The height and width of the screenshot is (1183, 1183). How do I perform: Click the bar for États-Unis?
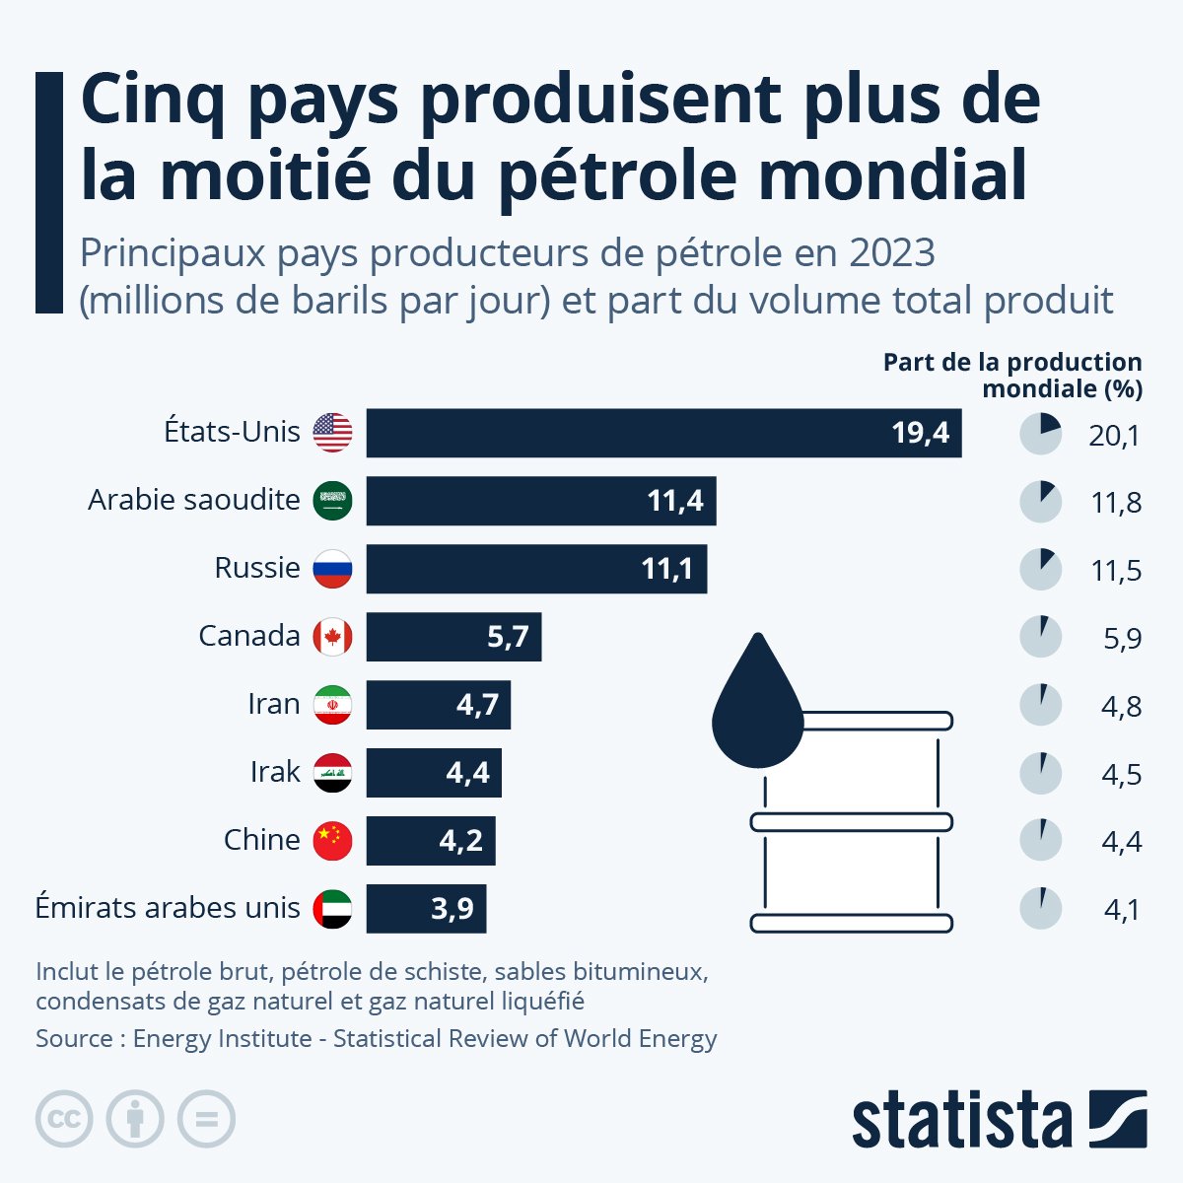click(x=663, y=433)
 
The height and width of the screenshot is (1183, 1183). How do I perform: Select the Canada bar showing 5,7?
click(x=453, y=637)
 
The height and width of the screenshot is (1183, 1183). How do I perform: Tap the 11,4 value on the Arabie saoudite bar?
click(x=675, y=501)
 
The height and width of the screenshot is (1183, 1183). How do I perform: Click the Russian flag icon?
click(x=332, y=569)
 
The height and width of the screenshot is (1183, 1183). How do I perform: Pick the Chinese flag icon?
click(x=332, y=840)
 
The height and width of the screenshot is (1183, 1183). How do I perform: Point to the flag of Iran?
click(x=332, y=705)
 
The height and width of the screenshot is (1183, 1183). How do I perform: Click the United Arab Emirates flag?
click(x=332, y=909)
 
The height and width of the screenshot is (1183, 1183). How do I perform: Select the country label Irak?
click(x=275, y=772)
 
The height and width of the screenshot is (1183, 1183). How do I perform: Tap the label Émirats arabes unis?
click(x=168, y=908)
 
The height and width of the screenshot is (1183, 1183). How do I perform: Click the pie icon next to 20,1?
click(x=1040, y=434)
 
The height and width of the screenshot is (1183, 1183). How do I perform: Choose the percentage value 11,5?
click(x=1116, y=571)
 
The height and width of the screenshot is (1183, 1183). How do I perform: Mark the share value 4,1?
click(x=1122, y=910)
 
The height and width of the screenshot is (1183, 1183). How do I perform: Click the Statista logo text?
click(x=961, y=1120)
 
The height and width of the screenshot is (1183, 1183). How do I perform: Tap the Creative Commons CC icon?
click(x=64, y=1119)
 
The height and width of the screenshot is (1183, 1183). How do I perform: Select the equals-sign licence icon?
click(x=206, y=1119)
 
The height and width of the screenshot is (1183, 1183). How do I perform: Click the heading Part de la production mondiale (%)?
click(x=1012, y=376)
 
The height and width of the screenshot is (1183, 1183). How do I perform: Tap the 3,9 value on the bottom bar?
click(x=452, y=909)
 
